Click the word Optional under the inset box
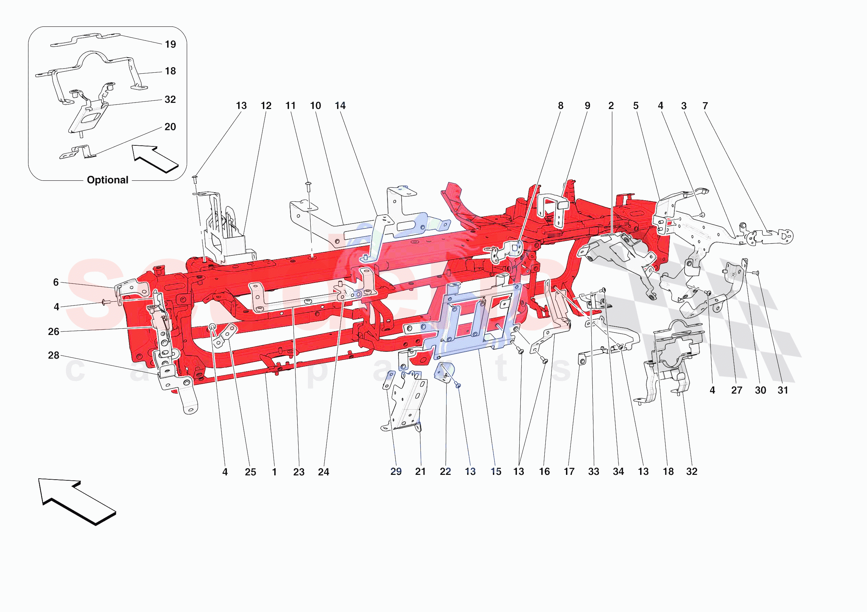point(108,180)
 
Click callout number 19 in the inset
point(170,45)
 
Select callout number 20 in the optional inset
point(170,127)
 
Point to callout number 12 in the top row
point(266,106)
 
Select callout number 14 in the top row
point(340,106)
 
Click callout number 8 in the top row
point(560,106)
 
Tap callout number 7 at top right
point(705,106)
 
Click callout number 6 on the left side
point(56,282)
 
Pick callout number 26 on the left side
point(54,332)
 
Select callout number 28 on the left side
point(54,356)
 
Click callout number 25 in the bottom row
point(250,472)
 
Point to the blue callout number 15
point(496,472)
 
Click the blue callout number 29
point(396,472)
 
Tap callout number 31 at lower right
point(783,391)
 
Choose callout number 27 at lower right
point(736,391)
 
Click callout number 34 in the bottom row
point(618,472)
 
